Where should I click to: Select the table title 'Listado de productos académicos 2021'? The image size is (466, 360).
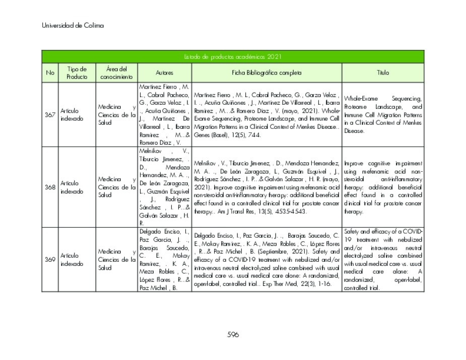point(233,57)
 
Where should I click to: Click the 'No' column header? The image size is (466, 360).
point(50,73)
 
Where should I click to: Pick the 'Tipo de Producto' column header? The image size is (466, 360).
point(77,73)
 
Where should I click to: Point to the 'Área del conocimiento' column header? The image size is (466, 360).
point(116,73)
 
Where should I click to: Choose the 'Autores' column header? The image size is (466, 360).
point(164,73)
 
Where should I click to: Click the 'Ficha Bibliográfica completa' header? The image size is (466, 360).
point(267,73)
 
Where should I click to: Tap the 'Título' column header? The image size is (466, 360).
point(383,73)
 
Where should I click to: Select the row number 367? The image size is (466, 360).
point(50,115)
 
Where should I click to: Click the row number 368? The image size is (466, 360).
point(50,187)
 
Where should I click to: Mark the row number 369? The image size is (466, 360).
point(50,260)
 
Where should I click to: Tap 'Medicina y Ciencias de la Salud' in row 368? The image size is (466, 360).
point(116,187)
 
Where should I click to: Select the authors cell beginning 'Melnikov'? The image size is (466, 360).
point(164,187)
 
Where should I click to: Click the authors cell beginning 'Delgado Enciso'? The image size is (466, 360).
point(164,260)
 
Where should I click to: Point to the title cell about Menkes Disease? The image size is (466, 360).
point(383,115)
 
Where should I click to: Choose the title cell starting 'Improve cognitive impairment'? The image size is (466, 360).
point(383,187)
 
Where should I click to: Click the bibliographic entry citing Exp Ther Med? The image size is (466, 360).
point(267,260)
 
